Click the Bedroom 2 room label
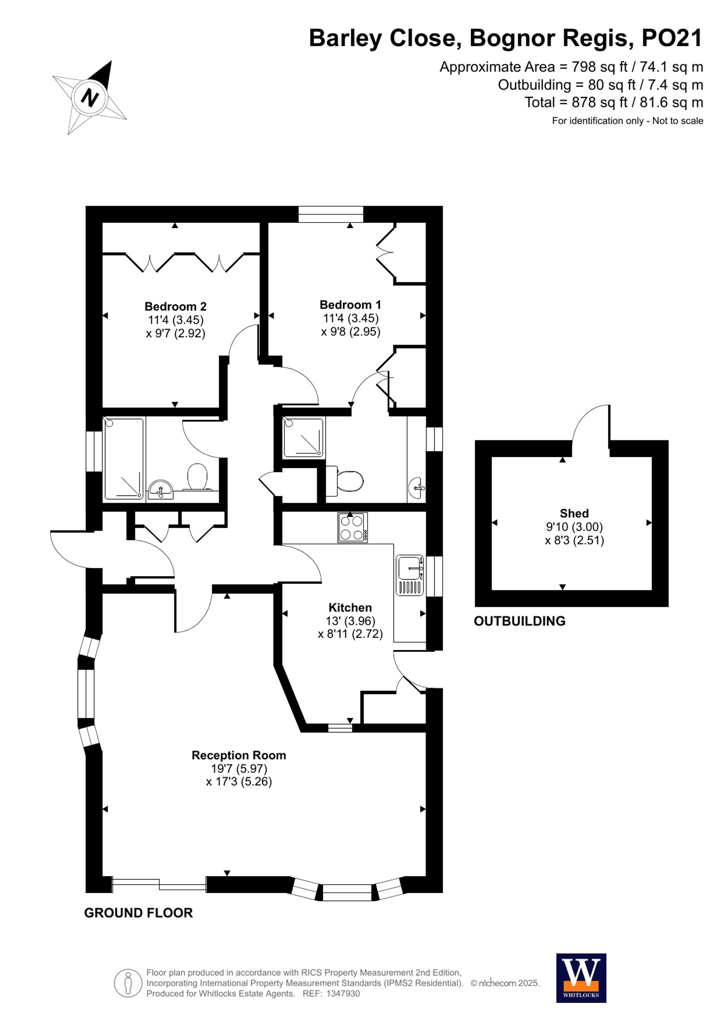click(175, 307)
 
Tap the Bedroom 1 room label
click(350, 305)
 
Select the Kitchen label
click(350, 607)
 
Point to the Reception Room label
click(239, 755)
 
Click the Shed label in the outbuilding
click(574, 513)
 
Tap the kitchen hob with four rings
click(353, 527)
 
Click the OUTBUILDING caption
click(519, 621)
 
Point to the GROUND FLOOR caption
click(138, 913)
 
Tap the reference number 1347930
click(343, 994)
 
